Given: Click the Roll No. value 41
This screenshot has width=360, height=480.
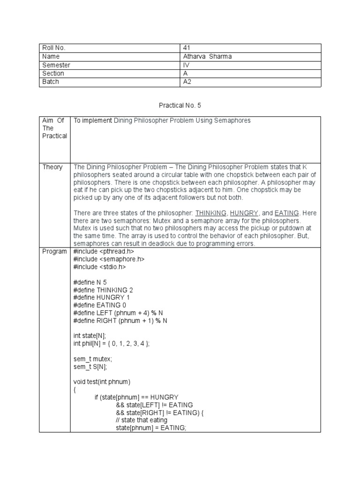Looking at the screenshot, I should (x=187, y=48).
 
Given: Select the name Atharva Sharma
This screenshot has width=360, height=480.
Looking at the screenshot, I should (x=207, y=56).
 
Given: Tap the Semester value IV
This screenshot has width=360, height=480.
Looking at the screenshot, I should (x=186, y=65).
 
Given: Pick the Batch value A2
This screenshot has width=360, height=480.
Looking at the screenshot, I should (x=187, y=82).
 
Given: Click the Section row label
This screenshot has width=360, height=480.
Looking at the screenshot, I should (x=53, y=74).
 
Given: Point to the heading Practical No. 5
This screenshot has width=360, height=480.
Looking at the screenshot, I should (x=180, y=105).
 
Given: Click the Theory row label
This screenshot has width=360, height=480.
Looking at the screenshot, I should (x=52, y=167).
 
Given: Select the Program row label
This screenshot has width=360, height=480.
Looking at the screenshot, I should (x=55, y=251).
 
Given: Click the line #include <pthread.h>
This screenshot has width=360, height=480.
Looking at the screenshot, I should (x=104, y=251).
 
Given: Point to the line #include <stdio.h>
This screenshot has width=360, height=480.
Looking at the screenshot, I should (x=99, y=267).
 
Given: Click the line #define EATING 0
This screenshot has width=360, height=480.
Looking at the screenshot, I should (x=99, y=305).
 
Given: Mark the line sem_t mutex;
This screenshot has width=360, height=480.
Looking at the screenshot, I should (x=92, y=359).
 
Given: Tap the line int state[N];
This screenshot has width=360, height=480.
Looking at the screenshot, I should (x=90, y=335).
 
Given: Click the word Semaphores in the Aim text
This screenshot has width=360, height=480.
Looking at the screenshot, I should (x=232, y=121).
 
